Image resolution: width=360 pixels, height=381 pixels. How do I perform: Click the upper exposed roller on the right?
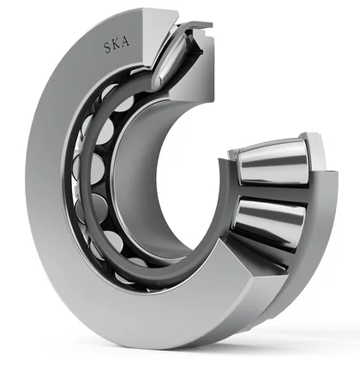click(273, 164)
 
